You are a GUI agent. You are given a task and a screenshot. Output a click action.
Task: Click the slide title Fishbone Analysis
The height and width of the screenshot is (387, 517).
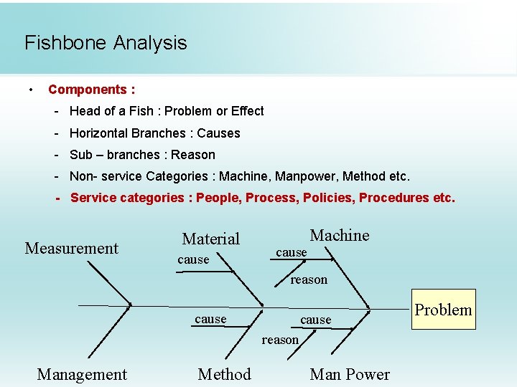(x=106, y=43)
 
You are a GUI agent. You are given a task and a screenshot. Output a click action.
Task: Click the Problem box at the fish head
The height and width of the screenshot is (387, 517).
(x=444, y=310)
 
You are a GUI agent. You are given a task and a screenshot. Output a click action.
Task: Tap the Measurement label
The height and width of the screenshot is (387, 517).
(x=71, y=249)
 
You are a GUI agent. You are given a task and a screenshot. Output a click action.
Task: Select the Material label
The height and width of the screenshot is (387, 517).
(x=210, y=239)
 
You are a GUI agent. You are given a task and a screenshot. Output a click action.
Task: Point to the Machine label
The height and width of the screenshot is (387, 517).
(x=339, y=235)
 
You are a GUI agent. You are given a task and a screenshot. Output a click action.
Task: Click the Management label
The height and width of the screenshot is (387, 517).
(x=82, y=374)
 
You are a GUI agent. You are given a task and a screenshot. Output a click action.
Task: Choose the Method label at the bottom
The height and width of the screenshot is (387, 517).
(x=224, y=374)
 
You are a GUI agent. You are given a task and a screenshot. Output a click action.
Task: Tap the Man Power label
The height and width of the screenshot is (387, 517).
(x=350, y=374)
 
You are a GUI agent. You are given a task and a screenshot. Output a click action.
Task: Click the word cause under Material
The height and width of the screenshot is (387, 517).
(x=193, y=259)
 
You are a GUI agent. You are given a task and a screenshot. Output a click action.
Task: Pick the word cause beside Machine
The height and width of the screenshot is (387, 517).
(x=291, y=252)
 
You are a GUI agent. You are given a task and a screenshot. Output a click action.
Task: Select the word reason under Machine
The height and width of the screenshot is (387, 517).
(x=309, y=279)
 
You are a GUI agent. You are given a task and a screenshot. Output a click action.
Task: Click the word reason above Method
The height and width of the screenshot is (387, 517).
(x=280, y=340)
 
